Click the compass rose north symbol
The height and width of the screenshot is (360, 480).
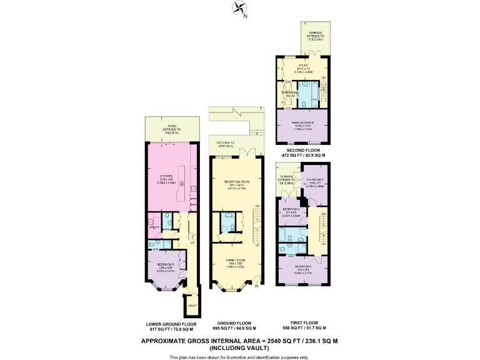click(239, 9)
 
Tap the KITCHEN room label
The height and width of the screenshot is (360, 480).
click(166, 176)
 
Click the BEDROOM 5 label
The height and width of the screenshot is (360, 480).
click(166, 263)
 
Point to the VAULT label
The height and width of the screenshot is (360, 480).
click(191, 305)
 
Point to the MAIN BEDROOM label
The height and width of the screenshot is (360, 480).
click(302, 122)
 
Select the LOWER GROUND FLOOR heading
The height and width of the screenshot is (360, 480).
click(171, 324)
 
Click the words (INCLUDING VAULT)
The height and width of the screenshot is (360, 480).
click(240, 347)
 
